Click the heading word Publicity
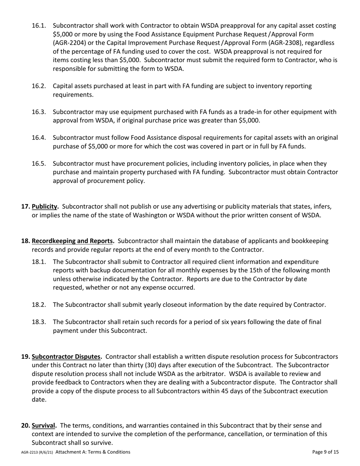point(45,206)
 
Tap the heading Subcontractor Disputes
point(67,357)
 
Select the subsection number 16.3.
point(39,112)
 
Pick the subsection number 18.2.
point(39,305)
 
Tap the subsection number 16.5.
point(39,164)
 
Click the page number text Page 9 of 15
point(326,452)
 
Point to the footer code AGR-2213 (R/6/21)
point(37,452)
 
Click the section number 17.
point(25,206)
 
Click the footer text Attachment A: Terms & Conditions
point(93,452)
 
